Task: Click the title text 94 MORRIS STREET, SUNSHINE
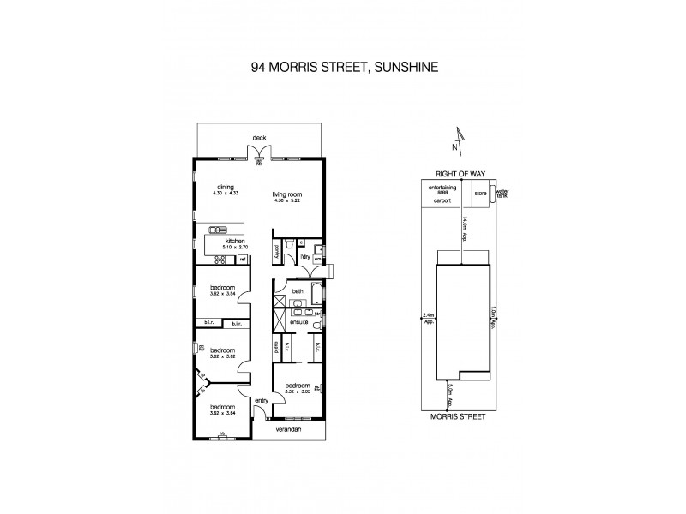click(343, 63)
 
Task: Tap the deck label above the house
click(259, 137)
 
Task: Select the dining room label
click(226, 188)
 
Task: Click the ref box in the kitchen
click(243, 259)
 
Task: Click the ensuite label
click(299, 323)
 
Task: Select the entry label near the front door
click(262, 399)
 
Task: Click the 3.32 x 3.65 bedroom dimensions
click(297, 391)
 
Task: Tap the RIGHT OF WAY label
click(460, 174)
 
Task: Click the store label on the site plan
click(480, 194)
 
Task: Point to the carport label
click(442, 200)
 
